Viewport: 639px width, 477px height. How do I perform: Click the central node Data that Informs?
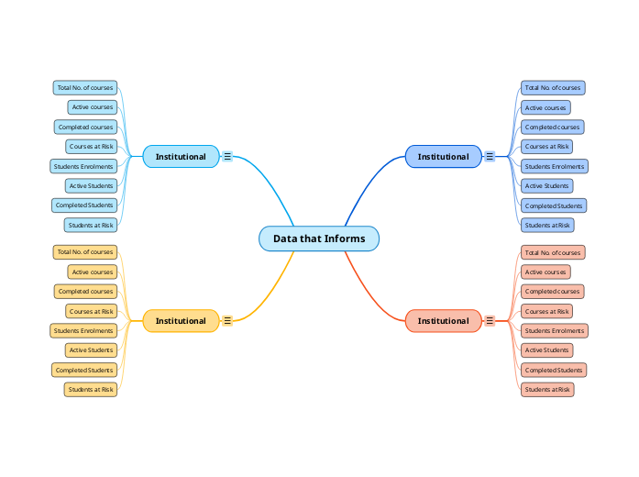click(x=319, y=238)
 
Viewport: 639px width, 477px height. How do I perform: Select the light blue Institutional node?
click(x=181, y=157)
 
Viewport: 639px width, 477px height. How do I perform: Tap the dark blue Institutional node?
click(x=443, y=157)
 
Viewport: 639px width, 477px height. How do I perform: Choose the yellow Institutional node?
click(x=181, y=321)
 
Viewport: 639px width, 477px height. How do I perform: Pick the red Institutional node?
click(x=443, y=321)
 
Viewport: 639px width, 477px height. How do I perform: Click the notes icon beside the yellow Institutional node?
click(x=227, y=321)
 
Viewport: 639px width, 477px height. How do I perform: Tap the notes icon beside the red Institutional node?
click(x=490, y=321)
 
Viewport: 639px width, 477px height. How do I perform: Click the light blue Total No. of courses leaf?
click(x=85, y=88)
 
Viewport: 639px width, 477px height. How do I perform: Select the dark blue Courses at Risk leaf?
click(x=546, y=147)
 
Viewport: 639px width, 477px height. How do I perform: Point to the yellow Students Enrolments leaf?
click(x=83, y=330)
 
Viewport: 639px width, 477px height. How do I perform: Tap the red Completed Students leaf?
click(x=553, y=370)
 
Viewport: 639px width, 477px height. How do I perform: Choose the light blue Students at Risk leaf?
click(x=91, y=225)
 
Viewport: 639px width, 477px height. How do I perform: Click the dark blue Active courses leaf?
click(x=545, y=107)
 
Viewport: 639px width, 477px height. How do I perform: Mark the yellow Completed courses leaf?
click(x=85, y=292)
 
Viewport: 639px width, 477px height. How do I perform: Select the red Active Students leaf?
click(x=546, y=349)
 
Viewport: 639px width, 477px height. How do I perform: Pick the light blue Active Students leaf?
click(x=91, y=186)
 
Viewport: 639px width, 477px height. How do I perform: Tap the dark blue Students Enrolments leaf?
click(x=554, y=166)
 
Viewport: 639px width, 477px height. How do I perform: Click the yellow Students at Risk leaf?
click(x=91, y=389)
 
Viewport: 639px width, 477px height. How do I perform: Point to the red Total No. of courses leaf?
click(x=552, y=252)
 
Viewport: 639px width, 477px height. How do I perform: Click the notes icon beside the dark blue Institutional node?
click(x=490, y=157)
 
